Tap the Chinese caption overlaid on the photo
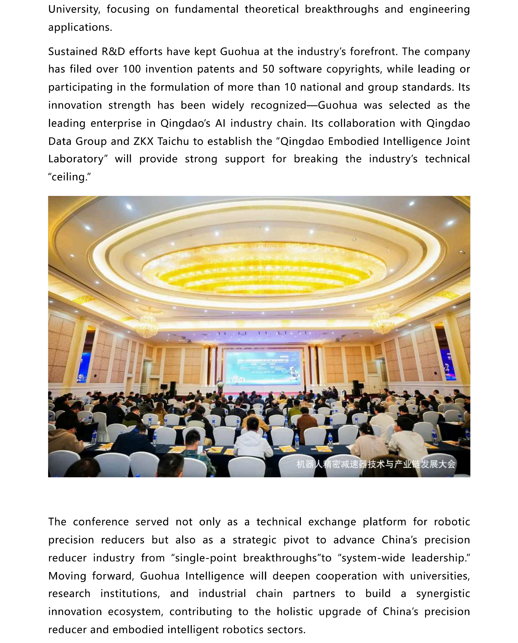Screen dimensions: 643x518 click(376, 464)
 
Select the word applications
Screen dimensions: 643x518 click(80, 27)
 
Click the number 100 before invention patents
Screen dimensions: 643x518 click(132, 69)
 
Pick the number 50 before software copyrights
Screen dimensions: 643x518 click(268, 69)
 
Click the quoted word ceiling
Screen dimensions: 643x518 click(69, 177)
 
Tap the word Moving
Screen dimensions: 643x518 click(67, 576)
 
